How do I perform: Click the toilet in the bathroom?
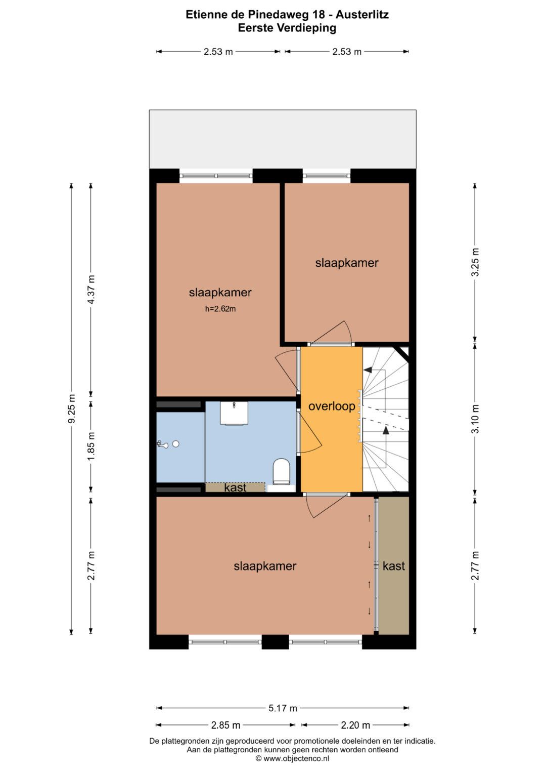point(282,471)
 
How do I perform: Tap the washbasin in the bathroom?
point(235,413)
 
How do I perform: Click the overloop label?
point(332,406)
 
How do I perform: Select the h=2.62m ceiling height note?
point(220,309)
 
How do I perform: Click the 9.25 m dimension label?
point(71,408)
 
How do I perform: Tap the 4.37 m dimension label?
point(91,289)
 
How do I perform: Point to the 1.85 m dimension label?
point(91,446)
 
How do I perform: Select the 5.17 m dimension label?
point(283,708)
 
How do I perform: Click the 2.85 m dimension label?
point(225,725)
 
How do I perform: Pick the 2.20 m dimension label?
point(355,725)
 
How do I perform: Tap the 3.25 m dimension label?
point(475,262)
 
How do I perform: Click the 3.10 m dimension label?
point(475,419)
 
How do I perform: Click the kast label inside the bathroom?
point(235,487)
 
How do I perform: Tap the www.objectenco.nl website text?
point(296,758)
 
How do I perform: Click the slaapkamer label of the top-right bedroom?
point(347,263)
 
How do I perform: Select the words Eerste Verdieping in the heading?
point(287,28)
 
